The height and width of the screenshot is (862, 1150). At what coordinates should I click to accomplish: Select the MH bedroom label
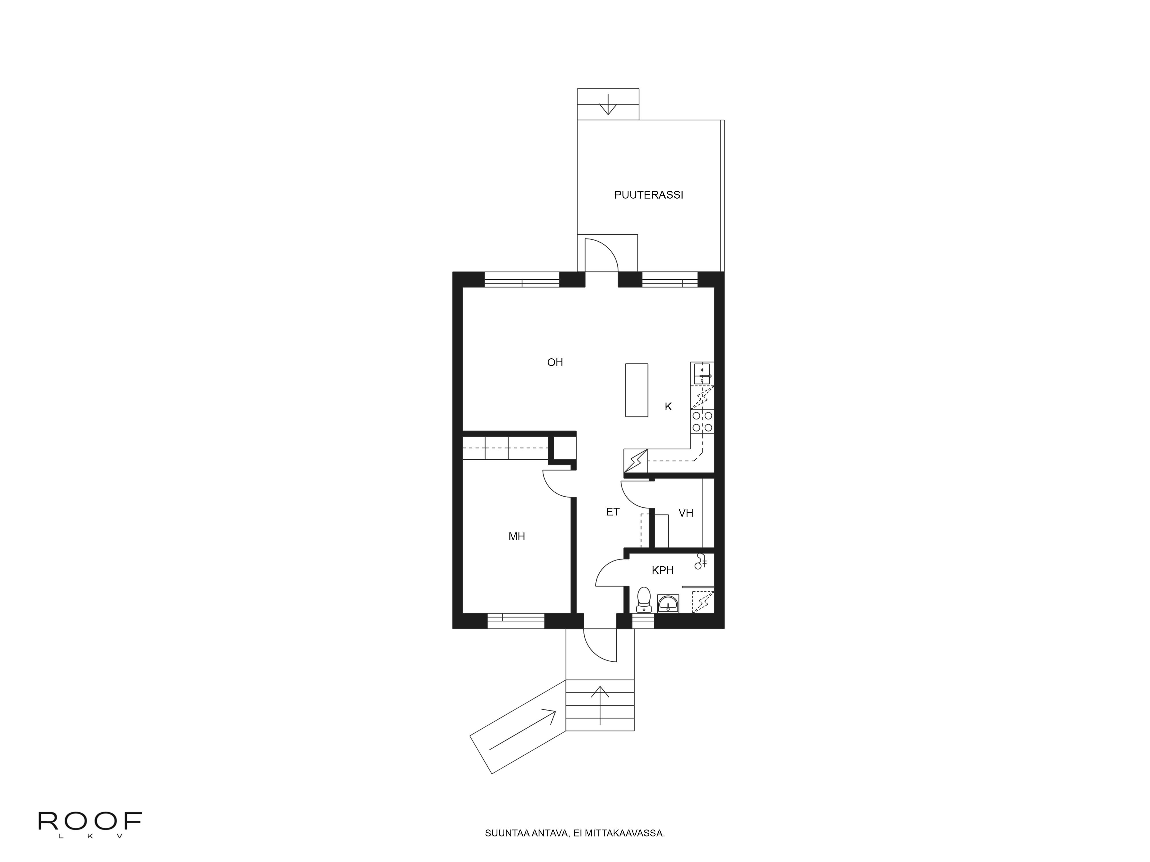click(x=517, y=536)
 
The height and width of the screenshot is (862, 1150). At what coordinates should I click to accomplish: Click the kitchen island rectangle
click(x=636, y=390)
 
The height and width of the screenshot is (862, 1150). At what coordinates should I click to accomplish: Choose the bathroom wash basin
click(x=668, y=604)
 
